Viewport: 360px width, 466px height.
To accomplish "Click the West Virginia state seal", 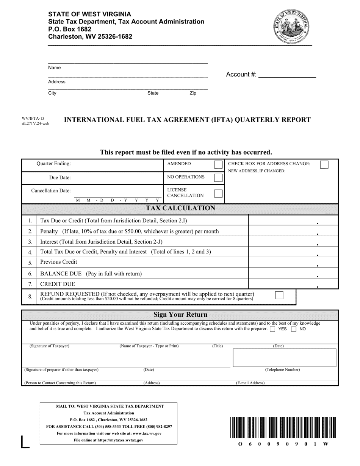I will click(x=292, y=26).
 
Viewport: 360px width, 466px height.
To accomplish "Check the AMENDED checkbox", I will click(x=218, y=164).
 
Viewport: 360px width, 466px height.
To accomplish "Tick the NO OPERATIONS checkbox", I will click(x=218, y=178).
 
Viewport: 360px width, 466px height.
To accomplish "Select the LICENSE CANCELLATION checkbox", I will click(x=218, y=193).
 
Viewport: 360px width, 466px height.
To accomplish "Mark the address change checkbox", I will click(x=324, y=164).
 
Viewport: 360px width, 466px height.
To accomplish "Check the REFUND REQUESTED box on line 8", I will click(x=279, y=296).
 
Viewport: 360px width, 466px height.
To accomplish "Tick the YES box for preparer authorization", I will click(x=272, y=329).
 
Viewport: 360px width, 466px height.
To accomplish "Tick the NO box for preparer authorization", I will click(x=294, y=329).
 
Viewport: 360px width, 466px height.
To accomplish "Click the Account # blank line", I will click(x=287, y=75).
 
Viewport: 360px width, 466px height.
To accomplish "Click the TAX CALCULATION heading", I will click(x=180, y=208).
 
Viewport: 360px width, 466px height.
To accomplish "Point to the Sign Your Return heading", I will click(x=180, y=315).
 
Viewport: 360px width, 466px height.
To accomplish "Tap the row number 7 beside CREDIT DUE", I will click(x=30, y=284).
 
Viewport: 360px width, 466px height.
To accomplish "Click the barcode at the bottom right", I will click(x=282, y=427).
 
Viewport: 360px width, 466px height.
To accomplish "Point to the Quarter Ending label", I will click(x=53, y=164).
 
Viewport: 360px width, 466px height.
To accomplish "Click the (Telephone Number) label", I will click(x=282, y=370).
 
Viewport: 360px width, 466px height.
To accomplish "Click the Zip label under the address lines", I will click(x=193, y=93).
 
